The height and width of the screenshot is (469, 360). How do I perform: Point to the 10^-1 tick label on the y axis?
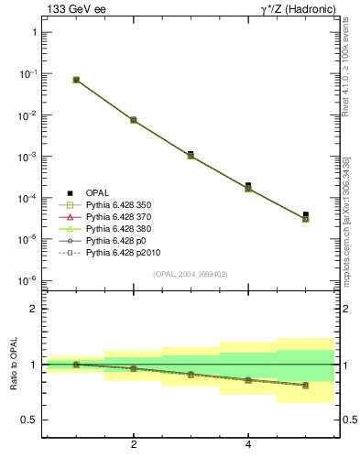(x=27, y=73)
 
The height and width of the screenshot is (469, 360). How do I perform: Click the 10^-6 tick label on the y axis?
(x=27, y=280)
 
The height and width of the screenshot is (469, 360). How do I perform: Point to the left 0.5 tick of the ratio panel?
(x=29, y=420)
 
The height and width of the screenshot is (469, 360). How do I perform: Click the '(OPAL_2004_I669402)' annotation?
(x=190, y=274)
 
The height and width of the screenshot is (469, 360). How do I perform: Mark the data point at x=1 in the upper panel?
(x=76, y=80)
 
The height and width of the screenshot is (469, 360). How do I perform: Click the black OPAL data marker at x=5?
(x=305, y=215)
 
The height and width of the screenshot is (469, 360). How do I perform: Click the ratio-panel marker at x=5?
(x=305, y=385)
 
